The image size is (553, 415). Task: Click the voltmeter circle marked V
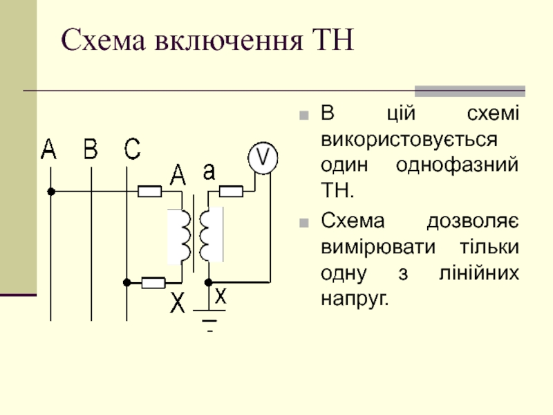(x=263, y=158)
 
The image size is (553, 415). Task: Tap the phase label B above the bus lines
(x=91, y=149)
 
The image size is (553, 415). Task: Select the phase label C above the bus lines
(x=132, y=149)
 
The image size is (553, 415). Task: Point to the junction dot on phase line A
(x=51, y=192)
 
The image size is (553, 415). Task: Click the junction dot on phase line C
(x=127, y=282)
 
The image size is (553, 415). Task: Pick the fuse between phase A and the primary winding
(x=149, y=192)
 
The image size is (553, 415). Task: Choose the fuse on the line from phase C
(x=153, y=283)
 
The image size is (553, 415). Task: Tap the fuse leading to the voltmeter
(x=231, y=192)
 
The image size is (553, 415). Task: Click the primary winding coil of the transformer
(x=185, y=236)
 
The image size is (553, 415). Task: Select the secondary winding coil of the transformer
(x=205, y=236)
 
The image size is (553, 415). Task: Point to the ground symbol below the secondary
(x=209, y=320)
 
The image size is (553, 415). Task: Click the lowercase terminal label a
(x=209, y=172)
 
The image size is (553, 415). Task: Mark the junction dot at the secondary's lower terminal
(x=209, y=282)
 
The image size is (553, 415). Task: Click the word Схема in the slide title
(x=103, y=40)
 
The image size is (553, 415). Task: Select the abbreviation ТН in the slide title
(x=333, y=40)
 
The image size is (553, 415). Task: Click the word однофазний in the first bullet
(x=457, y=165)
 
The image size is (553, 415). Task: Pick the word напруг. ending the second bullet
(x=355, y=299)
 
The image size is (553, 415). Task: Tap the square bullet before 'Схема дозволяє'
(x=304, y=223)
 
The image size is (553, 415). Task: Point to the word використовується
(x=409, y=139)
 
